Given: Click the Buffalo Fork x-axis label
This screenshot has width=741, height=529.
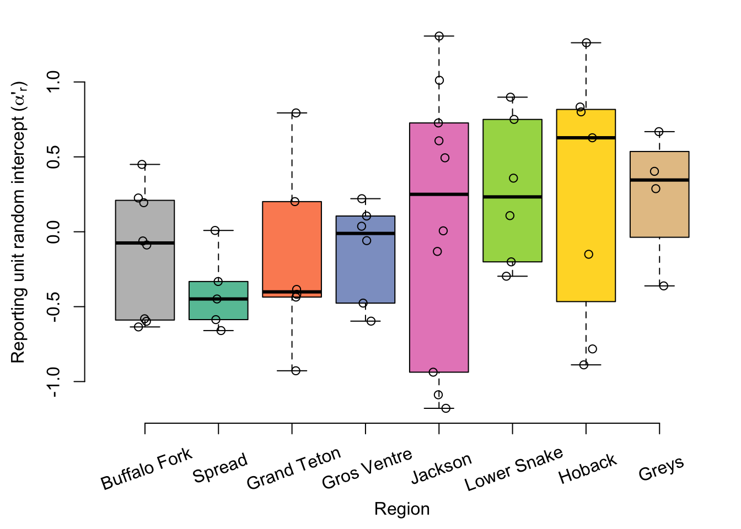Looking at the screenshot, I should click(x=146, y=469).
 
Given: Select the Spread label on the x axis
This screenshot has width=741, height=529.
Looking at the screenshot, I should click(x=220, y=468).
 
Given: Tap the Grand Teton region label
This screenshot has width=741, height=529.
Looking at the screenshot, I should click(x=293, y=469).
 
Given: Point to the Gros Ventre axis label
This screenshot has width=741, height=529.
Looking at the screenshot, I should click(x=367, y=469).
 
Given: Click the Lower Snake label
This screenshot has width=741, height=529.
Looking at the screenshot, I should click(x=514, y=469).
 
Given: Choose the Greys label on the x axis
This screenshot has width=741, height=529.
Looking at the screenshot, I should click(x=661, y=468).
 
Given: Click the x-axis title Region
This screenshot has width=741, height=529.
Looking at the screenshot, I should click(x=402, y=509).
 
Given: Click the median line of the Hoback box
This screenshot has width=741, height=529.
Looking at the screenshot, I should click(x=586, y=138).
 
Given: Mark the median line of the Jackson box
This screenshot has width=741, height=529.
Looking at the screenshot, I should click(x=439, y=194).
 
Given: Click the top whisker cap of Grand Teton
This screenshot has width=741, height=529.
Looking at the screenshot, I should click(x=292, y=112).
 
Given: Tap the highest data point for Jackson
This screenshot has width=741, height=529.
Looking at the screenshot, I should click(x=439, y=36).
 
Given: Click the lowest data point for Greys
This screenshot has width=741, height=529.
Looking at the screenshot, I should click(x=664, y=286).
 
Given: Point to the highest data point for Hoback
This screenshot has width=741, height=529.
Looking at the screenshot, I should click(x=587, y=43).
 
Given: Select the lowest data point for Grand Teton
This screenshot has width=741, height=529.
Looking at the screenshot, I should click(x=296, y=371).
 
